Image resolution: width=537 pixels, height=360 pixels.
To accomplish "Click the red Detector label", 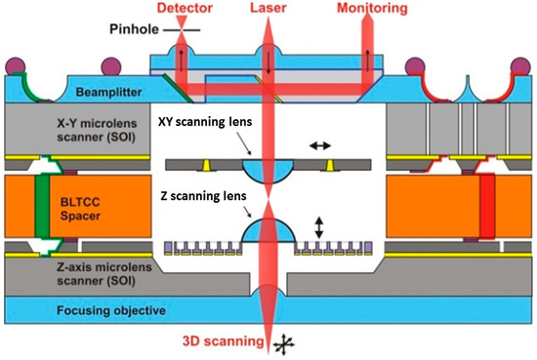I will [184, 8].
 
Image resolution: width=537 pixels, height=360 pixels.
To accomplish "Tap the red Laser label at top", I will [267, 8].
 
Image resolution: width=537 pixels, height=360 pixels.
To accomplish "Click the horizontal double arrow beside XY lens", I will [318, 145].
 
